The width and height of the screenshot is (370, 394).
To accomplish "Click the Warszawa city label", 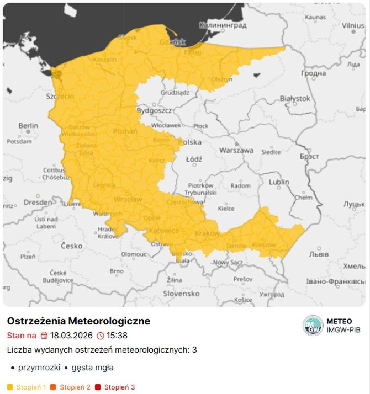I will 236,150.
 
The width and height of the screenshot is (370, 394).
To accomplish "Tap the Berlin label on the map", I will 28,126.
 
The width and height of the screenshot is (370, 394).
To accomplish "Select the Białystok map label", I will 295,98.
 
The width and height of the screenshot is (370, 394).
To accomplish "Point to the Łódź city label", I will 194,159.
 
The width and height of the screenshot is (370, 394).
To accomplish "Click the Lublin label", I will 279,182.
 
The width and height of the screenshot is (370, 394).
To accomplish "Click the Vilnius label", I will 352,25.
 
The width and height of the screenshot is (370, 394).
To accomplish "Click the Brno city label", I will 117,271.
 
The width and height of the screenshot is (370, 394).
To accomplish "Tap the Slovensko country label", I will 181,294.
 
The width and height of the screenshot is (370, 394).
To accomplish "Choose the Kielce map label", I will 226,209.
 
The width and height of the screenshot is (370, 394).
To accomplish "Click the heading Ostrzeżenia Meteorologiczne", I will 78,321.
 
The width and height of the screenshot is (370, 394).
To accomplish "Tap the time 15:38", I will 117,336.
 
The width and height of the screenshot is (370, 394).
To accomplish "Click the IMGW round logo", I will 313,326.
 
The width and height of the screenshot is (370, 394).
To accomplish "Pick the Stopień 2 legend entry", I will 75,387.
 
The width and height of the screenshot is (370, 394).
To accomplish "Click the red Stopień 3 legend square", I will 98,387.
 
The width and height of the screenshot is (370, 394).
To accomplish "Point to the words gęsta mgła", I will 92,368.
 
